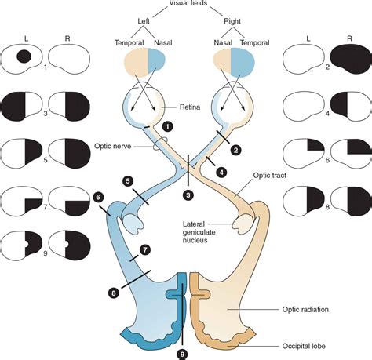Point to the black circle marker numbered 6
point(99,198)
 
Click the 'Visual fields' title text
point(185,5)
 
